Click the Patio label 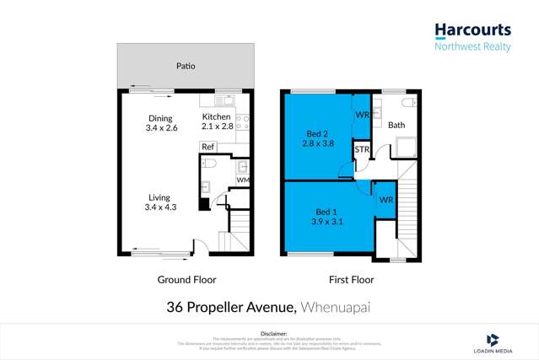click(185, 64)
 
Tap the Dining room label click(160, 118)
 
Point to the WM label click(242, 180)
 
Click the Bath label click(396, 126)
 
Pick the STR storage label click(362, 150)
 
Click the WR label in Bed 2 click(361, 114)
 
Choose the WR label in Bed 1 click(385, 200)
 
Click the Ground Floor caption click(187, 279)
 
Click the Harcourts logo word click(472, 30)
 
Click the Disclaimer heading click(269, 331)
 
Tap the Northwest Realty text click(472, 47)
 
